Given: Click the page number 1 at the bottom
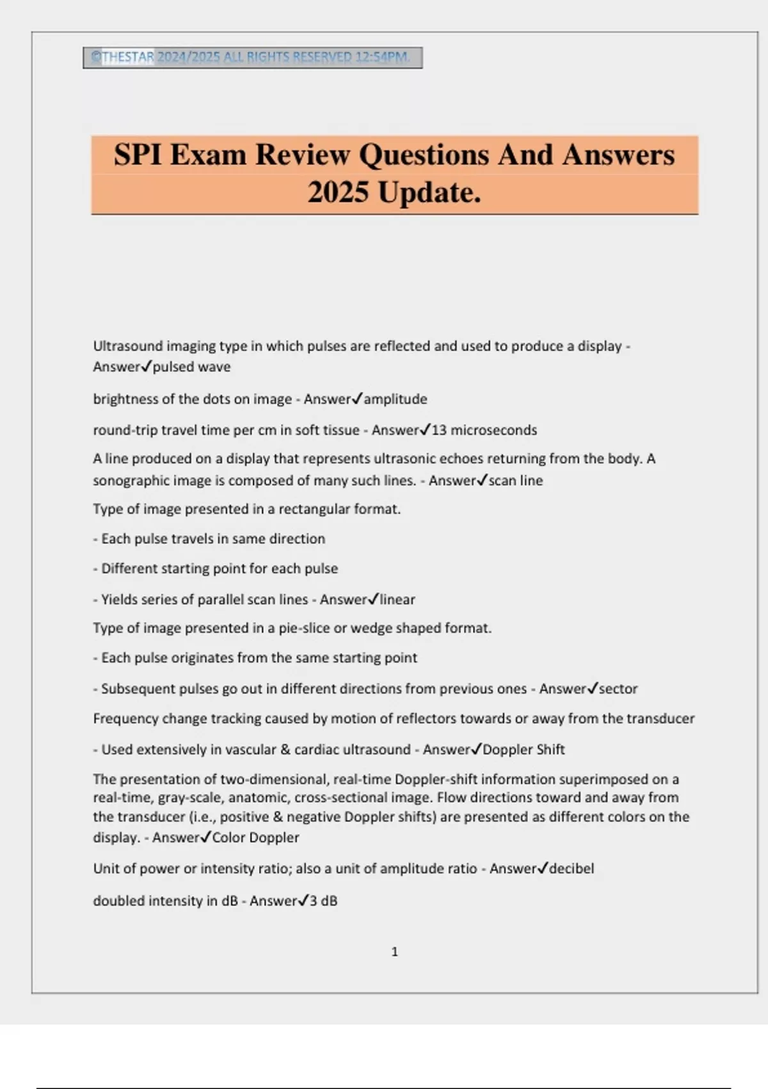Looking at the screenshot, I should (394, 952).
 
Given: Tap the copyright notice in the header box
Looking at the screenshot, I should (252, 57).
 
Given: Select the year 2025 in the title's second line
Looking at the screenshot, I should (339, 192).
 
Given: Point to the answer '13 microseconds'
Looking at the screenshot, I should (484, 430).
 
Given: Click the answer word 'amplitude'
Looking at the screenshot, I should (395, 399).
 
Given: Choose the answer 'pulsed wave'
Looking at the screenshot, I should (191, 367).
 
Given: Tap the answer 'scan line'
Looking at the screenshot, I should (515, 480).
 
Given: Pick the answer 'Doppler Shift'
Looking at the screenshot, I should (524, 749).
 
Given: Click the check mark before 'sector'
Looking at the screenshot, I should (592, 688).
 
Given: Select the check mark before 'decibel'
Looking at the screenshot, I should (542, 868).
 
